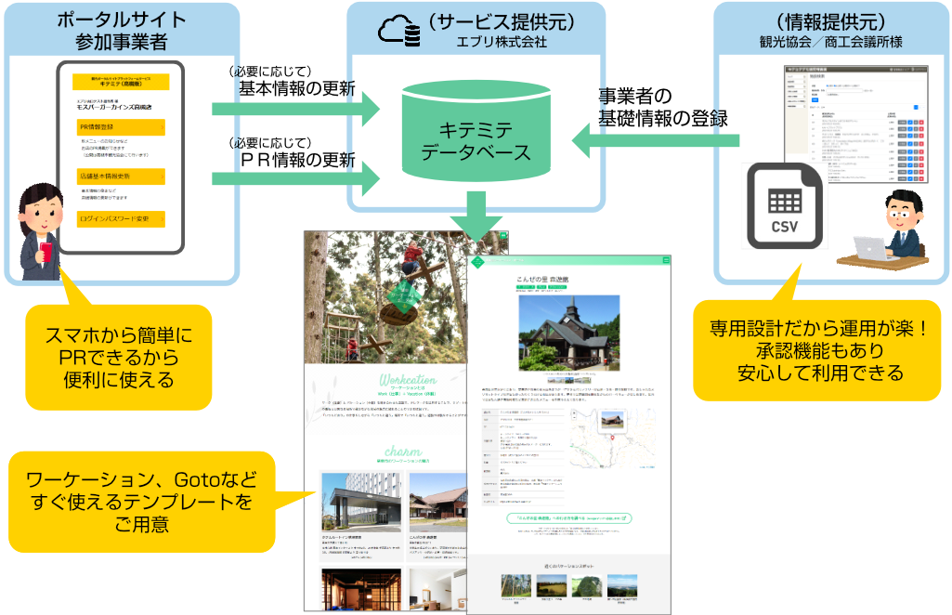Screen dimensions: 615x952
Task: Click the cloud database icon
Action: pos(398,31)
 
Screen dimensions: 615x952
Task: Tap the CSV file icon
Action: pos(785,204)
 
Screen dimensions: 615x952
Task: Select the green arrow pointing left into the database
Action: pos(655,141)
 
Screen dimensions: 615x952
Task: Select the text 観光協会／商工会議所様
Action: pos(830,43)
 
